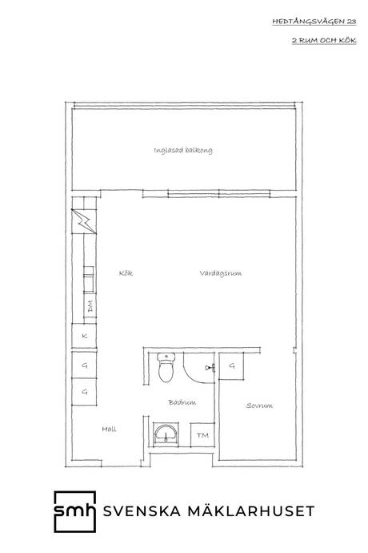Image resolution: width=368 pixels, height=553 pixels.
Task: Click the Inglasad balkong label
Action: point(183,151)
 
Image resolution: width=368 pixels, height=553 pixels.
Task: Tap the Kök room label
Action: point(126,273)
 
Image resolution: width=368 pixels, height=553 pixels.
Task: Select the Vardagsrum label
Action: point(221,273)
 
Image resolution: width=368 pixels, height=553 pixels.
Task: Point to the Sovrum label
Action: point(259,406)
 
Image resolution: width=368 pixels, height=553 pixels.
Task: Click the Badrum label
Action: point(182,402)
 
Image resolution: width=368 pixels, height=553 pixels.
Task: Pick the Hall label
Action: point(109,430)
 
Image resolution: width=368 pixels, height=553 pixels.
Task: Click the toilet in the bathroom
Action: point(166,368)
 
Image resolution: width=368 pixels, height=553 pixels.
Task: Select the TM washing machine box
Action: point(202,435)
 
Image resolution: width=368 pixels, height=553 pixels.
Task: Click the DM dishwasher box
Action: point(90,306)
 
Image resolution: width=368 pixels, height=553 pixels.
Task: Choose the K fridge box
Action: point(84,336)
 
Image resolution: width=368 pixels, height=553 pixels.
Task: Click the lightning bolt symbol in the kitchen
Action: point(84,221)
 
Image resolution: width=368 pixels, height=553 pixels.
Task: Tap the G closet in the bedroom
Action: point(231,365)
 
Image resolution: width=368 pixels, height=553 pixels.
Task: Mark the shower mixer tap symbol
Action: point(210,368)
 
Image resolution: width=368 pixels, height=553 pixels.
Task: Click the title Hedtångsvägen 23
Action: point(314,22)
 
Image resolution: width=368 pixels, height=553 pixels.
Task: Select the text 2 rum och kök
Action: point(324,40)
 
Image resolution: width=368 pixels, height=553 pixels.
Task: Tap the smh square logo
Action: point(75,511)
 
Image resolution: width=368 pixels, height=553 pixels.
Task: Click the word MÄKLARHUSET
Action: point(251,511)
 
